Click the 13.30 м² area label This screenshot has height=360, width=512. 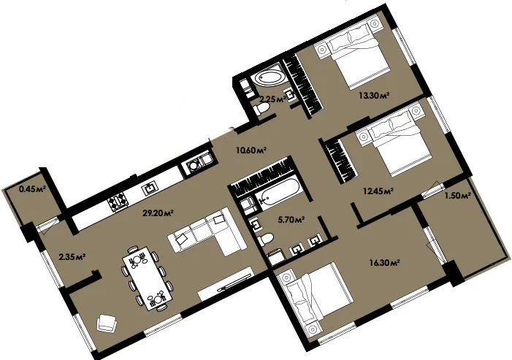coord(374,96)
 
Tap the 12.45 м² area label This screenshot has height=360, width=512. coord(378,191)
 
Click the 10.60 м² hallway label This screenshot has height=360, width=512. coord(251,150)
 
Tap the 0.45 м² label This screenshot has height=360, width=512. coord(32,188)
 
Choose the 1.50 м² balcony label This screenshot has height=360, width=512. coord(457,196)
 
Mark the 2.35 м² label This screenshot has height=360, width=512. coord(72,257)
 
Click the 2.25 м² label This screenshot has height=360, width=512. coord(272,99)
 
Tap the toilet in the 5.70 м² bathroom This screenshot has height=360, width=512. coord(265,240)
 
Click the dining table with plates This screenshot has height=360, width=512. coord(148,278)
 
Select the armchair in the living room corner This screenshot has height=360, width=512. coord(107,323)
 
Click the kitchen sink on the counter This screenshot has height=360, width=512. coord(150,187)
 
